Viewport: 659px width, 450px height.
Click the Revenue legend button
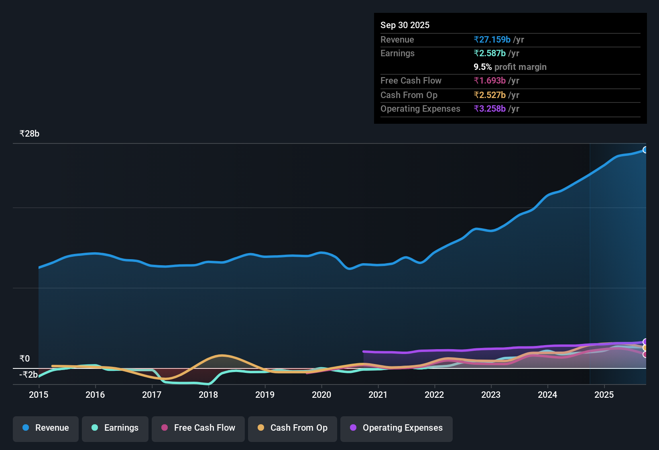point(46,428)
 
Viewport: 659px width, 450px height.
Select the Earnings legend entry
point(115,428)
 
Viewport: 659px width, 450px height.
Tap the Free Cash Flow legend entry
point(198,428)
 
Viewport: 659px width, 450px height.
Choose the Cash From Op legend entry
point(293,428)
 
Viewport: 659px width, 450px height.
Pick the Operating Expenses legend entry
point(397,428)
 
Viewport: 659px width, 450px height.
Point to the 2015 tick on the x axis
point(39,395)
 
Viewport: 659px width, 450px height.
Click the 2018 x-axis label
point(208,395)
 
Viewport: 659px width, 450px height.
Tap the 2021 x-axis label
point(378,395)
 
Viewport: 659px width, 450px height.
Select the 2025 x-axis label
point(604,395)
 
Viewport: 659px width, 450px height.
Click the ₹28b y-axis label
point(29,134)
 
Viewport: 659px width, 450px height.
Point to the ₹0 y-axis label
point(24,358)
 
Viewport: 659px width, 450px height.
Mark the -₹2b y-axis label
point(28,375)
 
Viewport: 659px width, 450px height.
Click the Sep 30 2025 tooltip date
point(405,25)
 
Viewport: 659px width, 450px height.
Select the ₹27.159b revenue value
point(492,39)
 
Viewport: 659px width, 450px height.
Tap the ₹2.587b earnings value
point(490,53)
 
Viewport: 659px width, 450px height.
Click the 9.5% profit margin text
point(510,67)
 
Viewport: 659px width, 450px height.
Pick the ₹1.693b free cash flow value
point(490,81)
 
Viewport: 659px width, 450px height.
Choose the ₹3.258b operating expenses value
point(490,109)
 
